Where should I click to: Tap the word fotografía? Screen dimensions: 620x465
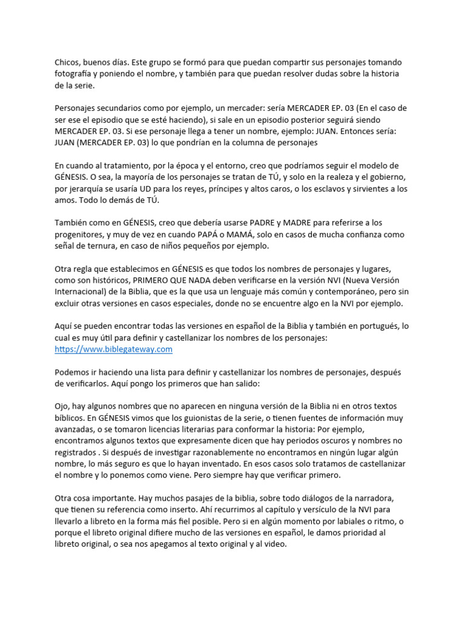75,74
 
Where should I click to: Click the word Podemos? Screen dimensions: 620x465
74,372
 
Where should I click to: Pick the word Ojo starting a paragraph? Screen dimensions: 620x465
62,406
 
